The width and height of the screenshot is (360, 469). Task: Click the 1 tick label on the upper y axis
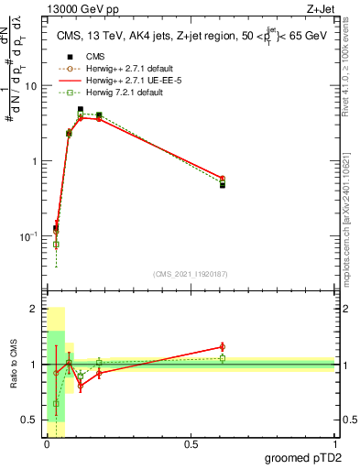36,161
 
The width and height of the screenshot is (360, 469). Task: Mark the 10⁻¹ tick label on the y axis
30,236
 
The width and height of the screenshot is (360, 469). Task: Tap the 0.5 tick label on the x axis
191,443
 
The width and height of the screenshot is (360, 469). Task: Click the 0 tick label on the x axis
46,443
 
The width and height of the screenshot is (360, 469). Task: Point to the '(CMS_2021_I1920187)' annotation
191,274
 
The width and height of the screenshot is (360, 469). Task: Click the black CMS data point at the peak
81,110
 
